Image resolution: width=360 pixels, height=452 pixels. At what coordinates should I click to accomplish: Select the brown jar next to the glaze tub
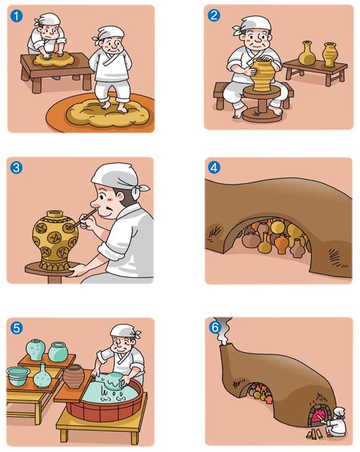click(x=73, y=376)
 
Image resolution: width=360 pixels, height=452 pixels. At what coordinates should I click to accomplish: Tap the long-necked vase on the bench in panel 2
click(x=306, y=53)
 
